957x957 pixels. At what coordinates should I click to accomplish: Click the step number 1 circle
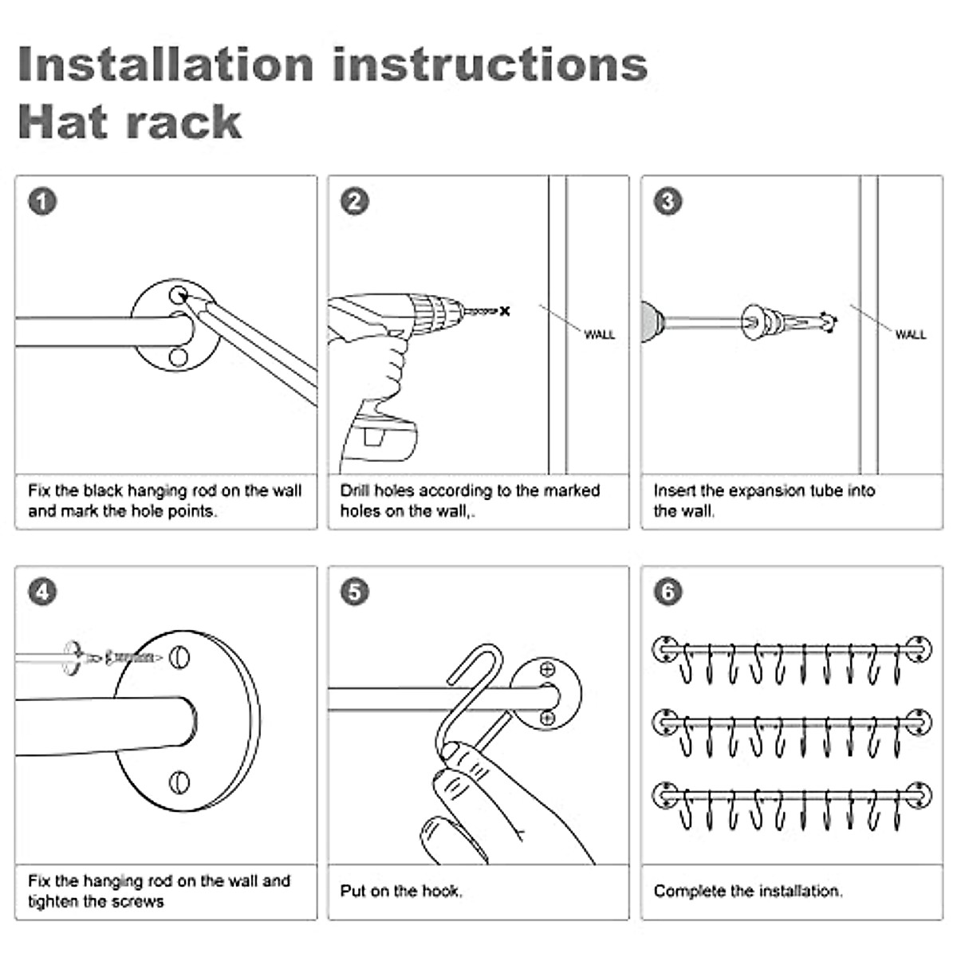[x=42, y=201]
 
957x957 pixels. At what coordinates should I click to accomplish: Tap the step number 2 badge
[x=355, y=201]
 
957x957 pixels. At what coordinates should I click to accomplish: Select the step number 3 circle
[x=668, y=201]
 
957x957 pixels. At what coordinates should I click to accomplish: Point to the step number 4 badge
[x=42, y=592]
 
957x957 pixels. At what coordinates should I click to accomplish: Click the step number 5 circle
[x=355, y=592]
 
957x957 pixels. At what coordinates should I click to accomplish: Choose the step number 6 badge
[x=668, y=592]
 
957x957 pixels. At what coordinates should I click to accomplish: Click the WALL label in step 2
[x=599, y=335]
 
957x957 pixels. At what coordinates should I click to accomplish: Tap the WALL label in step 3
[x=910, y=335]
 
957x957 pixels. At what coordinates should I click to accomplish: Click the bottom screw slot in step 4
[x=180, y=780]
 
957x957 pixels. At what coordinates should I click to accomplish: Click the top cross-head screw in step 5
[x=547, y=670]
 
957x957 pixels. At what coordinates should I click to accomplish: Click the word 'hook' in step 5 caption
[x=442, y=891]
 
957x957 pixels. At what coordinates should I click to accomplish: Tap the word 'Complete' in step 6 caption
[x=689, y=891]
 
